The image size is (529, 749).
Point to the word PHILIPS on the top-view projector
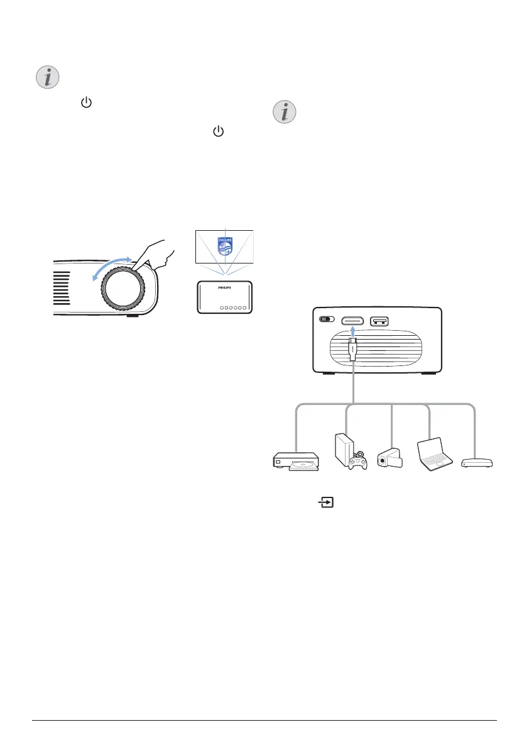pos(224,286)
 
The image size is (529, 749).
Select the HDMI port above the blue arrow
pos(353,320)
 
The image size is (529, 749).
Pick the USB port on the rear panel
pos(380,320)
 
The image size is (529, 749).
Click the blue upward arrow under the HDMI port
pos(353,332)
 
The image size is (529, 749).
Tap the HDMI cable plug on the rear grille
pos(353,351)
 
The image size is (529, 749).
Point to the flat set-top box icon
pos(477,463)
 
